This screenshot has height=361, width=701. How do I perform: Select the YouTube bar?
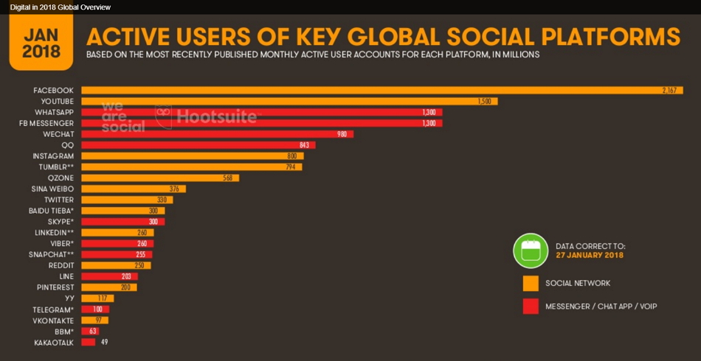(288, 101)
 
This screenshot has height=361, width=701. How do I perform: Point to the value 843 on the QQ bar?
(304, 145)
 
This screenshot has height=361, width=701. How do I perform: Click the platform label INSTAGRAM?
(53, 156)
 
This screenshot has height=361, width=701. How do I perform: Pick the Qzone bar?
(159, 178)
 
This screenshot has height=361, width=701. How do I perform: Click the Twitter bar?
(126, 200)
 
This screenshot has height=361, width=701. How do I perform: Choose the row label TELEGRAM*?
(54, 309)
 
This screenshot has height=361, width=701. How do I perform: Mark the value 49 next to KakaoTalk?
(104, 342)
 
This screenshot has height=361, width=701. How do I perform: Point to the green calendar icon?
(530, 250)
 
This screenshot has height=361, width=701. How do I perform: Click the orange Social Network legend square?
(530, 283)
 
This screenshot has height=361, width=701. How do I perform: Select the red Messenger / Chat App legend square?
(530, 306)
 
